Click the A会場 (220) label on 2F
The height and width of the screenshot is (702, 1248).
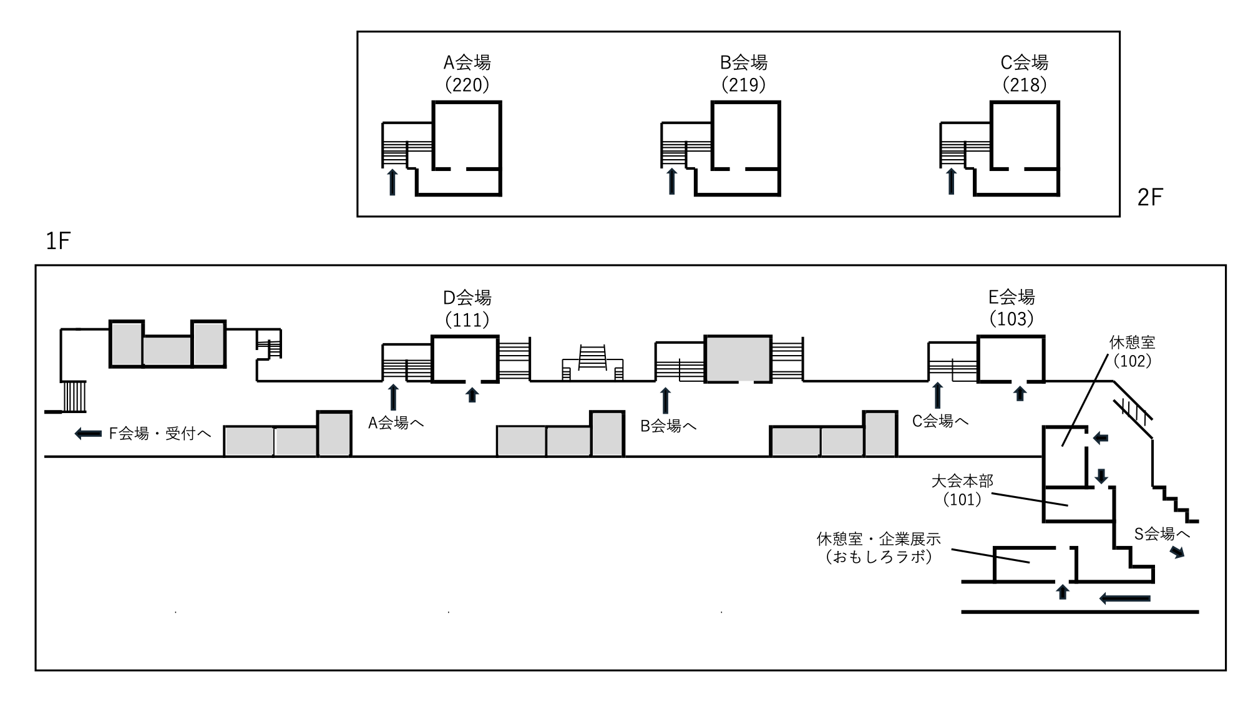click(467, 73)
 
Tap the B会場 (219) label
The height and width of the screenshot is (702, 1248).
click(743, 73)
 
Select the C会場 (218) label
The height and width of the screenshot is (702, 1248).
click(1024, 73)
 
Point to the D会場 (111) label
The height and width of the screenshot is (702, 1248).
click(467, 308)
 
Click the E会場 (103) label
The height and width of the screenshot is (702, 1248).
click(1012, 308)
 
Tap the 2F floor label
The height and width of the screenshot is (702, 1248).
click(1150, 198)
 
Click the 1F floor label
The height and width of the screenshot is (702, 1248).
click(58, 241)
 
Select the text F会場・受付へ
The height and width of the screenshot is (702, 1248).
click(160, 434)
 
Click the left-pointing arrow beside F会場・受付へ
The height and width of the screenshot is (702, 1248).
click(88, 434)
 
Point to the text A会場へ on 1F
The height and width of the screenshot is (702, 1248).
click(396, 424)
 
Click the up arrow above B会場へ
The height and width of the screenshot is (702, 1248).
click(665, 400)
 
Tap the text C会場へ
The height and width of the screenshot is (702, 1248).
click(940, 422)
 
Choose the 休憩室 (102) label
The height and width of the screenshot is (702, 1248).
click(1132, 351)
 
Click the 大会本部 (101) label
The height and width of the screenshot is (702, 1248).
click(962, 490)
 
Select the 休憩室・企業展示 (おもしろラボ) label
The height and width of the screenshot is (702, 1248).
click(879, 547)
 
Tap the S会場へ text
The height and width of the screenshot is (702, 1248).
click(1161, 534)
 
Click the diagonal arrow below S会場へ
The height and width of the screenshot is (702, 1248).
click(1177, 552)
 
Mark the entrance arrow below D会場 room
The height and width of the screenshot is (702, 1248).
click(472, 394)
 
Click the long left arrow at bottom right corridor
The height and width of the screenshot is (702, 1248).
click(1124, 599)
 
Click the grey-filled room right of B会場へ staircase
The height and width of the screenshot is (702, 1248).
click(738, 359)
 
